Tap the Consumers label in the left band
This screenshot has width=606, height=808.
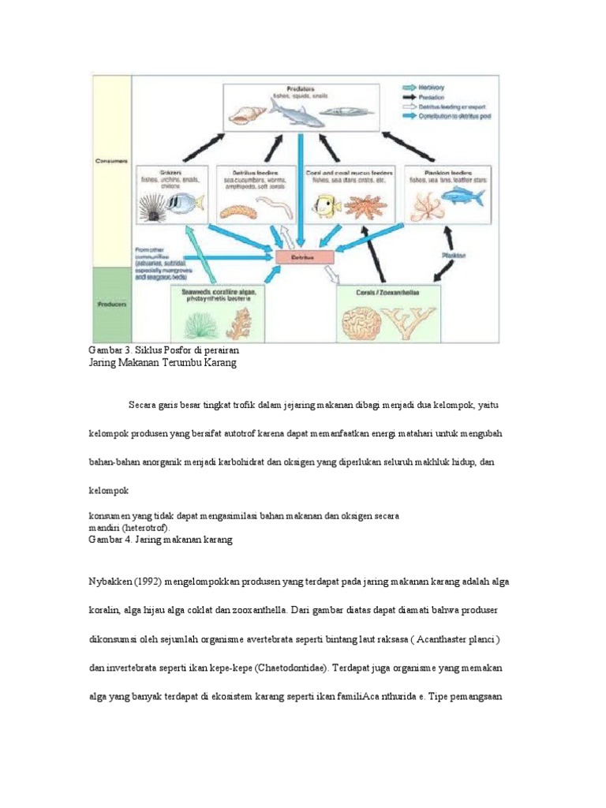108,161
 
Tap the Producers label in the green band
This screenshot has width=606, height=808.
108,303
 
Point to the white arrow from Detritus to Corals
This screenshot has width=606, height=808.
331,274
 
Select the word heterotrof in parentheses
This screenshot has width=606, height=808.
149,527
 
